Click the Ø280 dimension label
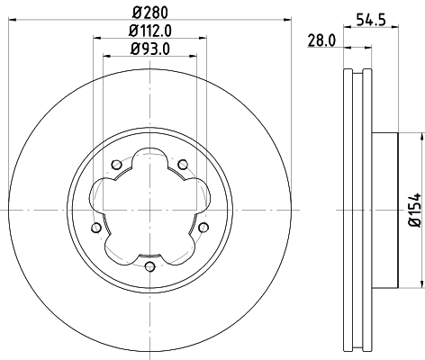149,13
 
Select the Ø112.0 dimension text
149,32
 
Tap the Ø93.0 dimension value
149,51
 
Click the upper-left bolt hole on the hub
117,164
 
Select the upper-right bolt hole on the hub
183,164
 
